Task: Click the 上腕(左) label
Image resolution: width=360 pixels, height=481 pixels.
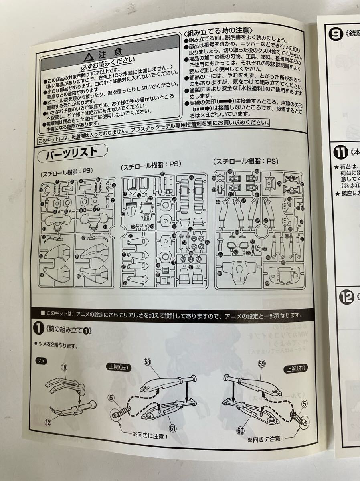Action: point(119,366)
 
